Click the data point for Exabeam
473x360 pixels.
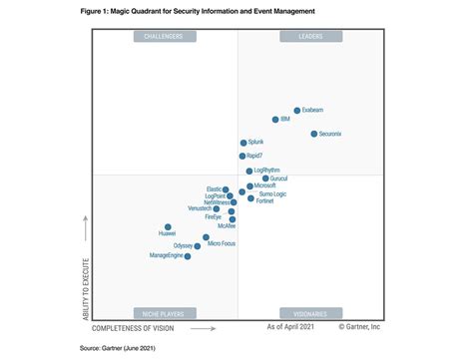click(297, 111)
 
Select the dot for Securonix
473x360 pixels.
click(314, 134)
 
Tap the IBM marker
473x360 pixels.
click(273, 120)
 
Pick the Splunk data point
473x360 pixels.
click(243, 144)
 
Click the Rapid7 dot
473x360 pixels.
click(242, 157)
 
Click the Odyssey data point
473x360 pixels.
click(198, 246)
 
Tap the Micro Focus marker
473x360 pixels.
click(207, 238)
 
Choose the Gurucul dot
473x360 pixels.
click(265, 179)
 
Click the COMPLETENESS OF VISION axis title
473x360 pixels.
click(133, 327)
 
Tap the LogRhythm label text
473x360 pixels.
click(267, 171)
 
